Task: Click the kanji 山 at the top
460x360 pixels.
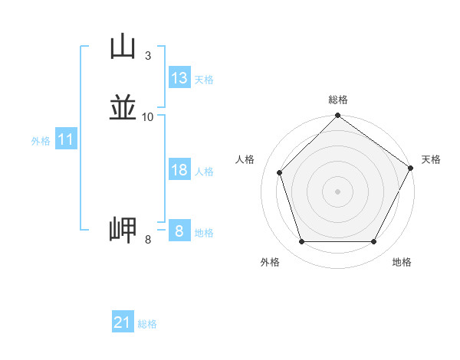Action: click(x=122, y=47)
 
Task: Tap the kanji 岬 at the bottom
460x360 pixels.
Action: click(x=122, y=231)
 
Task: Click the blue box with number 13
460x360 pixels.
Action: click(x=179, y=78)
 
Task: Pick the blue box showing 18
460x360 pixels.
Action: click(x=179, y=170)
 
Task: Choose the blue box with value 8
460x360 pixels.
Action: click(x=179, y=231)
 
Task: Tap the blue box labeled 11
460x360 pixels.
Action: click(x=66, y=140)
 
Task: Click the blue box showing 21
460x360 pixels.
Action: click(x=123, y=322)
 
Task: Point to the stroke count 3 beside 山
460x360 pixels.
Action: click(x=147, y=55)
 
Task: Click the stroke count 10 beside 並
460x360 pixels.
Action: click(x=147, y=116)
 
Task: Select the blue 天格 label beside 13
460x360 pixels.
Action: click(x=204, y=80)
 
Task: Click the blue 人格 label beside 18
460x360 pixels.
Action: click(x=204, y=172)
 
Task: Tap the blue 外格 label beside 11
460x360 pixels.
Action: click(x=41, y=141)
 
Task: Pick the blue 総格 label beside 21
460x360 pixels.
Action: click(x=147, y=324)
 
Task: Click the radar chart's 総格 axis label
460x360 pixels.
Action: click(x=337, y=100)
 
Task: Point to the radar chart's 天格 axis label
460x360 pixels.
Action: click(x=431, y=159)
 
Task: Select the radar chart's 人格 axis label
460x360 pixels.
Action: click(x=245, y=159)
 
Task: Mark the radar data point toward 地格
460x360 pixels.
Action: click(x=373, y=242)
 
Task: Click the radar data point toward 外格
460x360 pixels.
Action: click(x=301, y=242)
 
